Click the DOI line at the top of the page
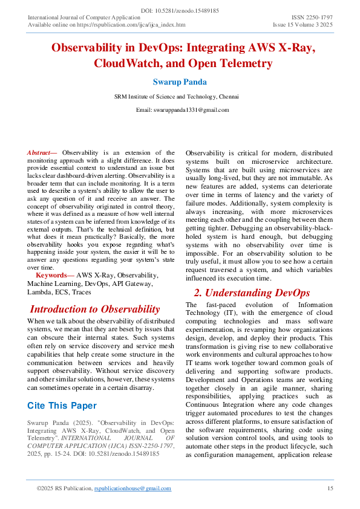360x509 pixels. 180,11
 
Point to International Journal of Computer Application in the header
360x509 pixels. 80,18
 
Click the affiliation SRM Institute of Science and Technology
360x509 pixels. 163,96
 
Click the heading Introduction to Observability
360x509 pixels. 95,309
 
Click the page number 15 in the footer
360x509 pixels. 330,488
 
